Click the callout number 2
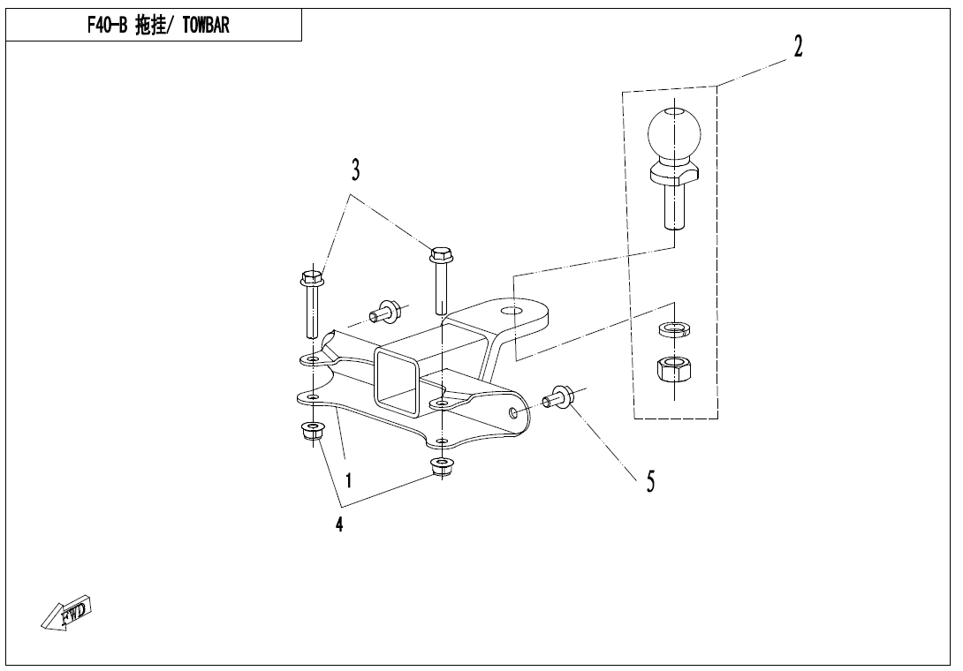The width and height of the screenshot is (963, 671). [x=798, y=47]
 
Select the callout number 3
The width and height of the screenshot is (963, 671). [x=355, y=170]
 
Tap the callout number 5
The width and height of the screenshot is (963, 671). [x=650, y=481]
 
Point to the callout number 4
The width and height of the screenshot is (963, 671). [x=339, y=524]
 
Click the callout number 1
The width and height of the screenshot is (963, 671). [x=350, y=481]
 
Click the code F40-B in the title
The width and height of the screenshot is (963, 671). [x=108, y=26]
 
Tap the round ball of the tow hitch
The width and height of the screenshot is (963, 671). [x=676, y=133]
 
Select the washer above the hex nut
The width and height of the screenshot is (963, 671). [x=674, y=331]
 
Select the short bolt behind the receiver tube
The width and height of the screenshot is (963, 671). [x=386, y=311]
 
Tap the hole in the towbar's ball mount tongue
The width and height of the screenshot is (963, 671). [x=509, y=311]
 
